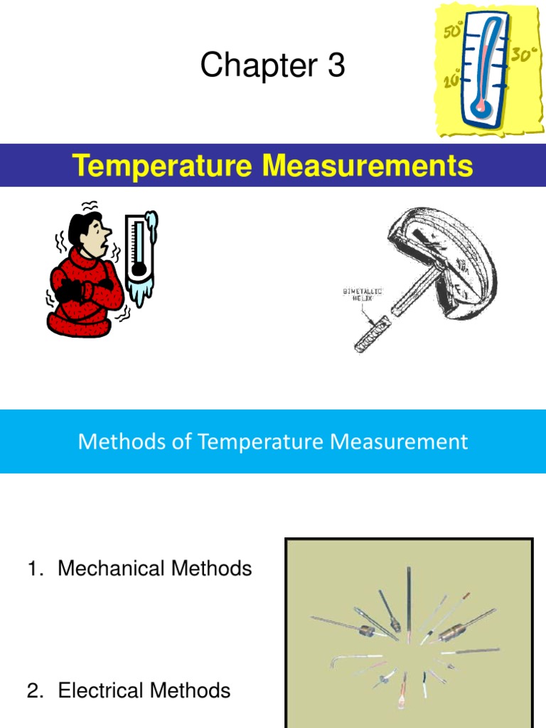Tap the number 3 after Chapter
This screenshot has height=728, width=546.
point(336,66)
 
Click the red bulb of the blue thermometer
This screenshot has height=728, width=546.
point(484,106)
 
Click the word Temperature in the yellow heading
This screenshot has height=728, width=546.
point(162,166)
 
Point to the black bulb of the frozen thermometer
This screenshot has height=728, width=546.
point(139,269)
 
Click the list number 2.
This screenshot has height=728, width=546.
point(33,690)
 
